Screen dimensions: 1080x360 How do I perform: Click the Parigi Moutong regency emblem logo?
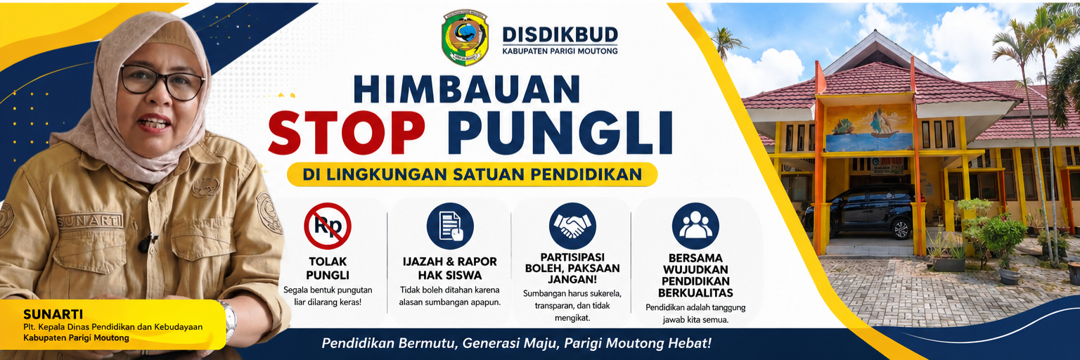(465, 37)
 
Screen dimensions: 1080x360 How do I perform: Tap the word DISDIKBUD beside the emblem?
(560, 34)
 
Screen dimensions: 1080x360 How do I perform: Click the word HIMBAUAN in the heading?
(467, 89)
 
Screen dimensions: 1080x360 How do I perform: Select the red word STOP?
(347, 132)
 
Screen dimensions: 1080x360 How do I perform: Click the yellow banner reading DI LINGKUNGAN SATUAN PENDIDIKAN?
(472, 174)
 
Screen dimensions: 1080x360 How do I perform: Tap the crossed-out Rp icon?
(328, 226)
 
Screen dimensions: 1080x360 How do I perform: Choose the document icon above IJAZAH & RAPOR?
(450, 226)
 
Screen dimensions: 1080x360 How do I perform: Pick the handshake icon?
(572, 226)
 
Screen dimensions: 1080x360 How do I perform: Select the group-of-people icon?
(695, 226)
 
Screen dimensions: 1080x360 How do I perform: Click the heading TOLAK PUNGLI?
(328, 269)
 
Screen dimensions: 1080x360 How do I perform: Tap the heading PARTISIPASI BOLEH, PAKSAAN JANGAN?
(572, 269)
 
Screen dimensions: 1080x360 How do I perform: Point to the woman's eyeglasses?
(162, 82)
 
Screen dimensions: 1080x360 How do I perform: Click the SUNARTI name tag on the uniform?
(90, 221)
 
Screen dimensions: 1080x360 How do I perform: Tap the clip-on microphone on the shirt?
(146, 243)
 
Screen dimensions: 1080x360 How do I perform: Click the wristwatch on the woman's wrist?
(229, 319)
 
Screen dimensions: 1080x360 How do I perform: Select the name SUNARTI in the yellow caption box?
(53, 314)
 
